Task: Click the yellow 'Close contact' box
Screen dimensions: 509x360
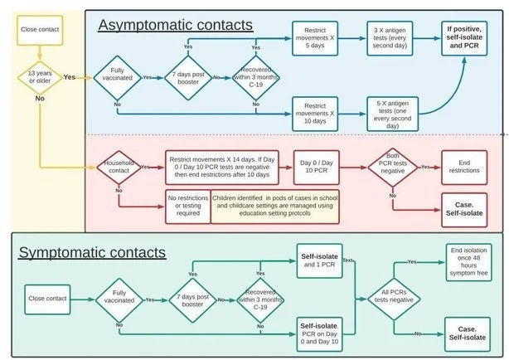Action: point(40,30)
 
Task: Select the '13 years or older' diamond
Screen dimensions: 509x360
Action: point(40,78)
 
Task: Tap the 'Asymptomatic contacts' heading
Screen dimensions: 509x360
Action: point(175,25)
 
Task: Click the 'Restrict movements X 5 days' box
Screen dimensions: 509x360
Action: point(315,38)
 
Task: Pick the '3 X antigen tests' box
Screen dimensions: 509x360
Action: point(390,38)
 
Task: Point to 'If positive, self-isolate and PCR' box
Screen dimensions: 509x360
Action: point(464,38)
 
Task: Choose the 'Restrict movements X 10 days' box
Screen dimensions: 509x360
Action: point(315,114)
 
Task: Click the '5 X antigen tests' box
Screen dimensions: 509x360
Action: point(392,114)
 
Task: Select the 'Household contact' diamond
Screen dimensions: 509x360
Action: point(119,168)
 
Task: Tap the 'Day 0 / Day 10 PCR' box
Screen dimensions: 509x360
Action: point(317,168)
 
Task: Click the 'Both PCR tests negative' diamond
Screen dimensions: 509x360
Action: point(393,168)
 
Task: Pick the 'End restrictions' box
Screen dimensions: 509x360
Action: point(464,168)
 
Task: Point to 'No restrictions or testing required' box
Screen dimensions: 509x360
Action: point(188,207)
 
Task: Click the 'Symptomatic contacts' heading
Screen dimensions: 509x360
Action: point(92,252)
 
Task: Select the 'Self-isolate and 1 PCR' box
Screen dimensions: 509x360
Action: point(319,261)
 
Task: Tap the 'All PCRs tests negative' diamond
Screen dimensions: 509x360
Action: point(394,299)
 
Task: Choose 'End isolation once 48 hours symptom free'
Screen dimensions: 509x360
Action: point(468,262)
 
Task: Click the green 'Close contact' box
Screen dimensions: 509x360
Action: point(47,299)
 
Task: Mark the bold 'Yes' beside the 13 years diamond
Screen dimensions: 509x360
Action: point(70,77)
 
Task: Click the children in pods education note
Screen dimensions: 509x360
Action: point(275,207)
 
